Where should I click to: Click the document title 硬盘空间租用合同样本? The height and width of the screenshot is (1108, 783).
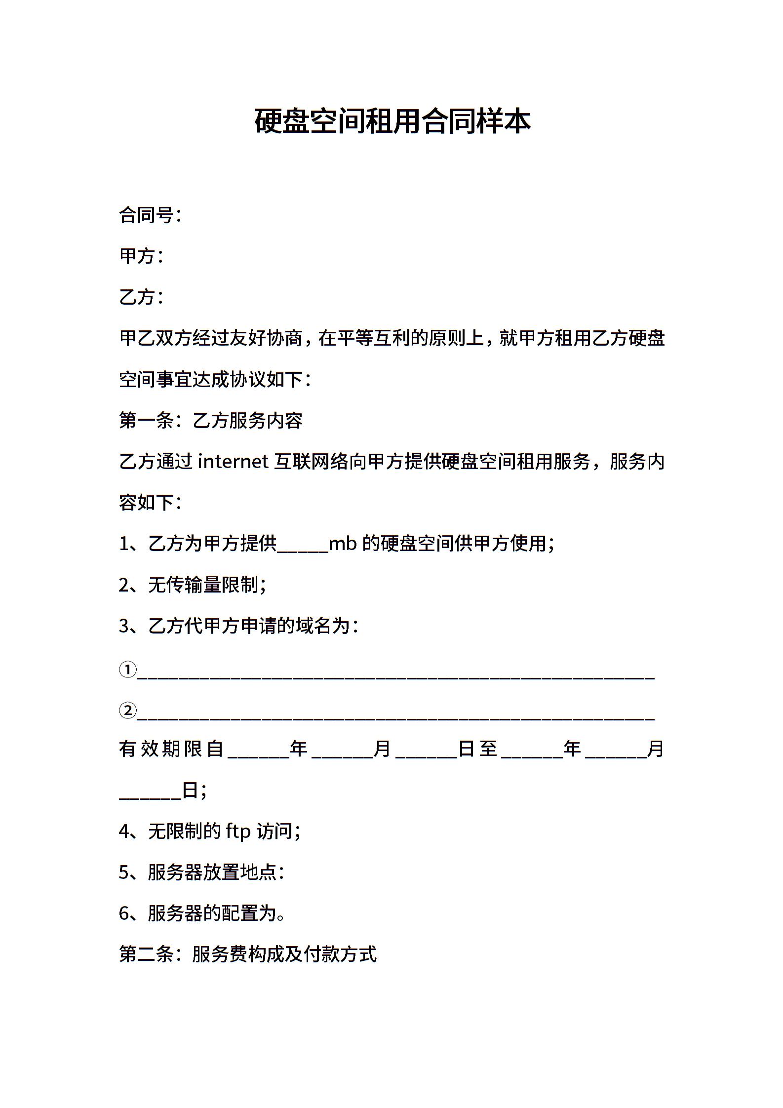tap(392, 121)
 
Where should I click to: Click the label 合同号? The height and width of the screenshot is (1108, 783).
tap(146, 215)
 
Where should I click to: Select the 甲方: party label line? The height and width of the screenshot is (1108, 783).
tap(141, 256)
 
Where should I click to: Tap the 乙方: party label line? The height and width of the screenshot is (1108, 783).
tap(141, 297)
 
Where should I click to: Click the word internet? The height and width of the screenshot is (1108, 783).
tap(233, 462)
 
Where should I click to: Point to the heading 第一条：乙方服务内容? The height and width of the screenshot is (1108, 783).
tap(211, 421)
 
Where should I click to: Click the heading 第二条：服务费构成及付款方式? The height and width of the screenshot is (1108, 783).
tap(248, 954)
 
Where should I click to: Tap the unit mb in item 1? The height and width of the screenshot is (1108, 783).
tap(342, 544)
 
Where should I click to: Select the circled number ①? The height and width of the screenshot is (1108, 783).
tap(127, 670)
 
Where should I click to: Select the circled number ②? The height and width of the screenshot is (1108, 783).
tap(127, 711)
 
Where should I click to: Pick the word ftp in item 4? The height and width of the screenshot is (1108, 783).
tap(238, 831)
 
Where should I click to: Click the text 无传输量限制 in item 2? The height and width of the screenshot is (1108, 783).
tap(203, 585)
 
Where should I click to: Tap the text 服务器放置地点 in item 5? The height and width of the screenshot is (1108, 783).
tap(212, 872)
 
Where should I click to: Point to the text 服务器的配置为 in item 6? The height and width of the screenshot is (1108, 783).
tap(212, 913)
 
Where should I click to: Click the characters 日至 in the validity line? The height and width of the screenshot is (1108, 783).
tap(477, 749)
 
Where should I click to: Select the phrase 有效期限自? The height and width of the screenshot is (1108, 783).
tap(171, 749)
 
